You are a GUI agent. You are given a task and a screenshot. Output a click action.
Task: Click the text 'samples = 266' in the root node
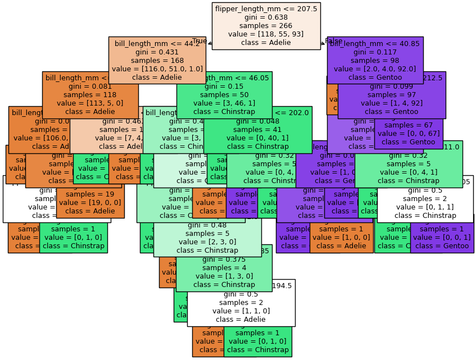pyautogui.click(x=266, y=26)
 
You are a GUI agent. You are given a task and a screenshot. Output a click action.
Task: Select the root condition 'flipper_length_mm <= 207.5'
pyautogui.click(x=266, y=9)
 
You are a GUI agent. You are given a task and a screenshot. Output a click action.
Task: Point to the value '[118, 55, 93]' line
pyautogui.click(x=266, y=34)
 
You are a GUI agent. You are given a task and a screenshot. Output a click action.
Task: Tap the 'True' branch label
pyautogui.click(x=200, y=41)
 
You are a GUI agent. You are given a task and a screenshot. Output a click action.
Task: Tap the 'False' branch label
pyautogui.click(x=333, y=41)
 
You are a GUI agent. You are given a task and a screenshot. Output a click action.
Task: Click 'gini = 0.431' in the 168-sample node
pyautogui.click(x=157, y=52)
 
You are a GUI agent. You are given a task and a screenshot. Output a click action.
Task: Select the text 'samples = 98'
pyautogui.click(x=375, y=60)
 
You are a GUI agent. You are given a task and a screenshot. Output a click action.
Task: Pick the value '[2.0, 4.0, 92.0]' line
pyautogui.click(x=375, y=69)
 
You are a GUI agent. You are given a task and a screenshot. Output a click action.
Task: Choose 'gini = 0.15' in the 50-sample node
pyautogui.click(x=224, y=86)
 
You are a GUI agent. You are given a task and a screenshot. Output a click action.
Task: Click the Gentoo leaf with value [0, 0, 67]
pyautogui.click(x=408, y=134)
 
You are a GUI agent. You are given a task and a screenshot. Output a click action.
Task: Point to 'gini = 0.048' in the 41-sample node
pyautogui.click(x=257, y=121)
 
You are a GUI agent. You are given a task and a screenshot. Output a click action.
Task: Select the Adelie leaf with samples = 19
pyautogui.click(x=90, y=203)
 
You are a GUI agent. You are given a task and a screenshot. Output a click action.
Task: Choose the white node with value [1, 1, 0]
pyautogui.click(x=241, y=303)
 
